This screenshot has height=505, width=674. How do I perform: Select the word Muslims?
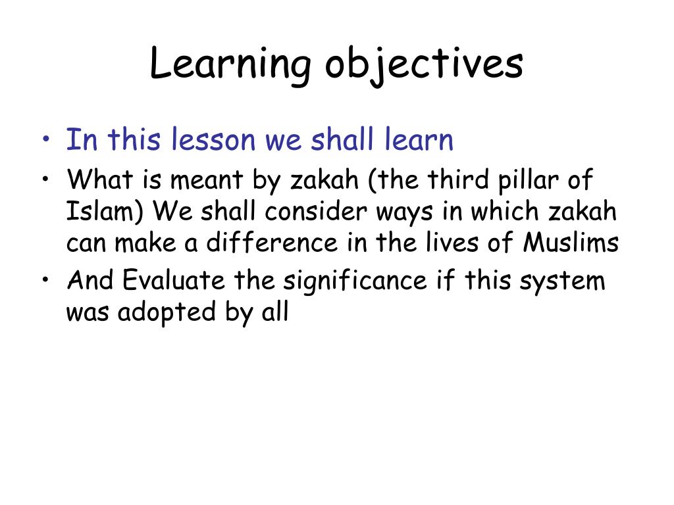click(571, 243)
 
